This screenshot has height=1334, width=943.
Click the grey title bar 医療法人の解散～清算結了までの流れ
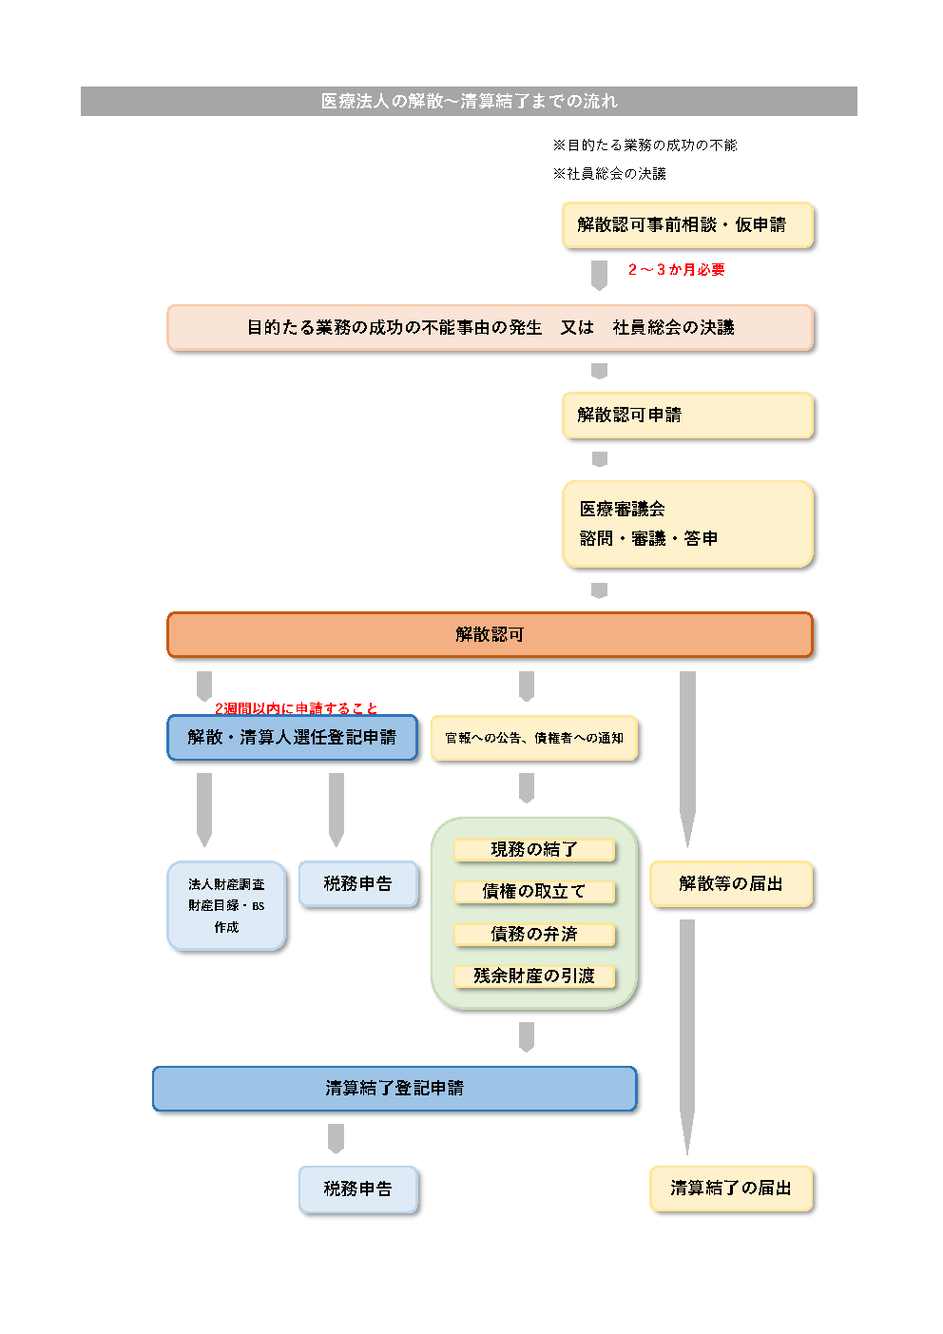click(469, 101)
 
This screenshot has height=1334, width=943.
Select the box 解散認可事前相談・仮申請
click(687, 225)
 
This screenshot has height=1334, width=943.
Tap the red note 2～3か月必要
click(676, 270)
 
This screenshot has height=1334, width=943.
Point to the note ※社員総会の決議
click(609, 174)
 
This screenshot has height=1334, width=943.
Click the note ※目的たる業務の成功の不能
click(645, 145)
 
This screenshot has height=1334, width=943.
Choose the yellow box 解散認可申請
click(687, 416)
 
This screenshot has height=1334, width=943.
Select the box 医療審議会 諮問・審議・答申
click(687, 524)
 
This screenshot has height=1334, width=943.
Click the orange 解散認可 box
click(490, 635)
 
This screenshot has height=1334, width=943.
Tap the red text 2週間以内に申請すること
click(296, 708)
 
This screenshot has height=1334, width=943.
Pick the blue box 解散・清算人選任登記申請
click(292, 738)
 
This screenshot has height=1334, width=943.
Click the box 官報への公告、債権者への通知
click(534, 739)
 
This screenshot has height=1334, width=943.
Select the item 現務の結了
click(534, 849)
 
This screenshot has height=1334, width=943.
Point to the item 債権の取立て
click(534, 891)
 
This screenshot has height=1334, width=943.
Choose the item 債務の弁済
click(534, 934)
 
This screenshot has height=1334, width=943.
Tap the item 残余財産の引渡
click(534, 976)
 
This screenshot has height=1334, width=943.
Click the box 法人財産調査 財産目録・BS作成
click(226, 905)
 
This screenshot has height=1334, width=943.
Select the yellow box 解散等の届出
click(731, 884)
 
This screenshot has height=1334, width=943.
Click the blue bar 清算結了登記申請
click(395, 1089)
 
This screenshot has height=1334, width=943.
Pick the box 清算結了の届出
click(731, 1189)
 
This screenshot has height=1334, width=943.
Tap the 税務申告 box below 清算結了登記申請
click(357, 1189)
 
